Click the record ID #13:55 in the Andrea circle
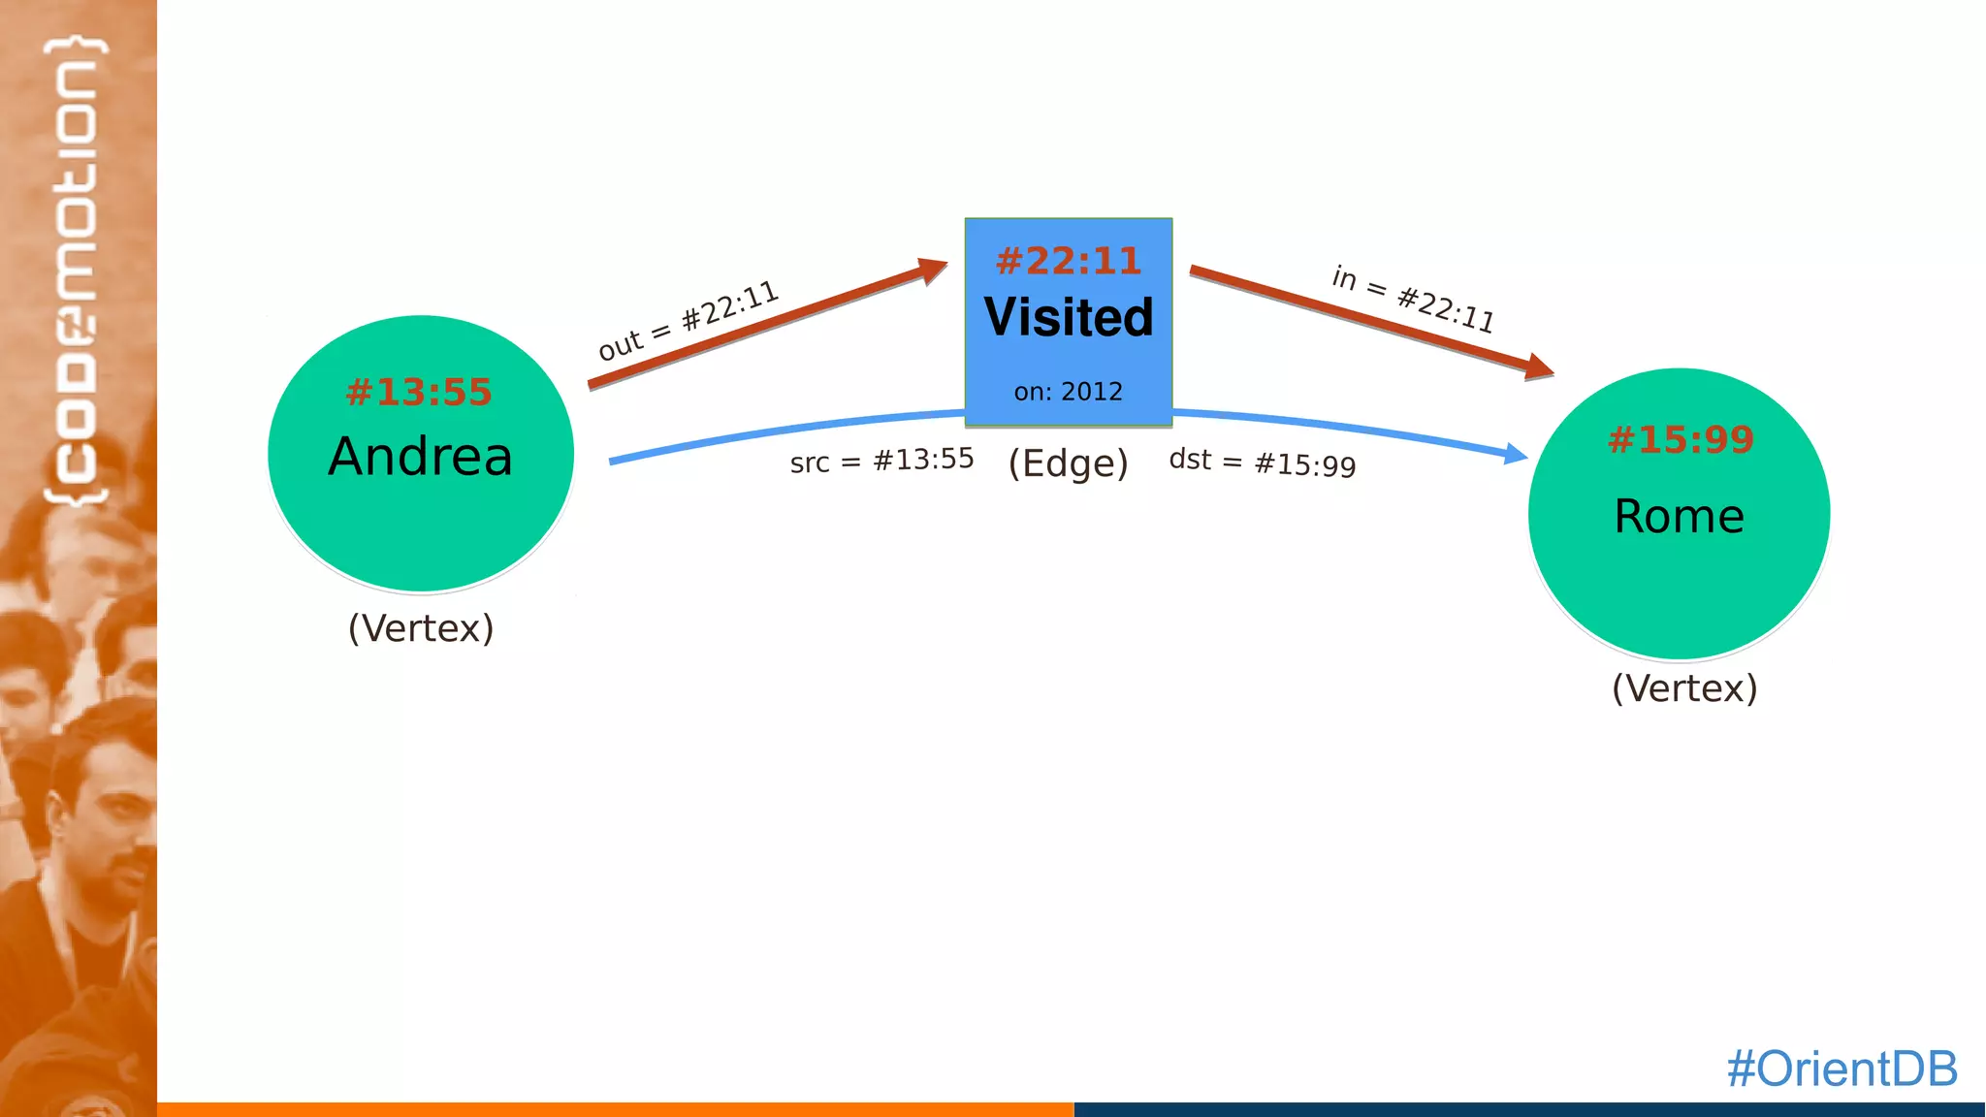(419, 393)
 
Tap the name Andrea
(420, 457)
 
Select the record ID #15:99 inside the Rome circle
(1681, 440)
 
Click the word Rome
(1679, 516)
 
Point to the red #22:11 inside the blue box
(1068, 261)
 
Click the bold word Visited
(1069, 317)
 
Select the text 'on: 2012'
(1068, 392)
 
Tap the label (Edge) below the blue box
(1068, 463)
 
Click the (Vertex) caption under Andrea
(421, 628)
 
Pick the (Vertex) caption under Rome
(1684, 688)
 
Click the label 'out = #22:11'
(688, 320)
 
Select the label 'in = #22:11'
(1413, 299)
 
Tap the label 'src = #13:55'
(881, 461)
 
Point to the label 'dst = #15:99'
(1262, 463)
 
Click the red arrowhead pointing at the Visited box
(933, 269)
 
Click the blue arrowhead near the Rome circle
(1515, 453)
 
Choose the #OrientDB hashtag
(1842, 1069)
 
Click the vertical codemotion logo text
(76, 271)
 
